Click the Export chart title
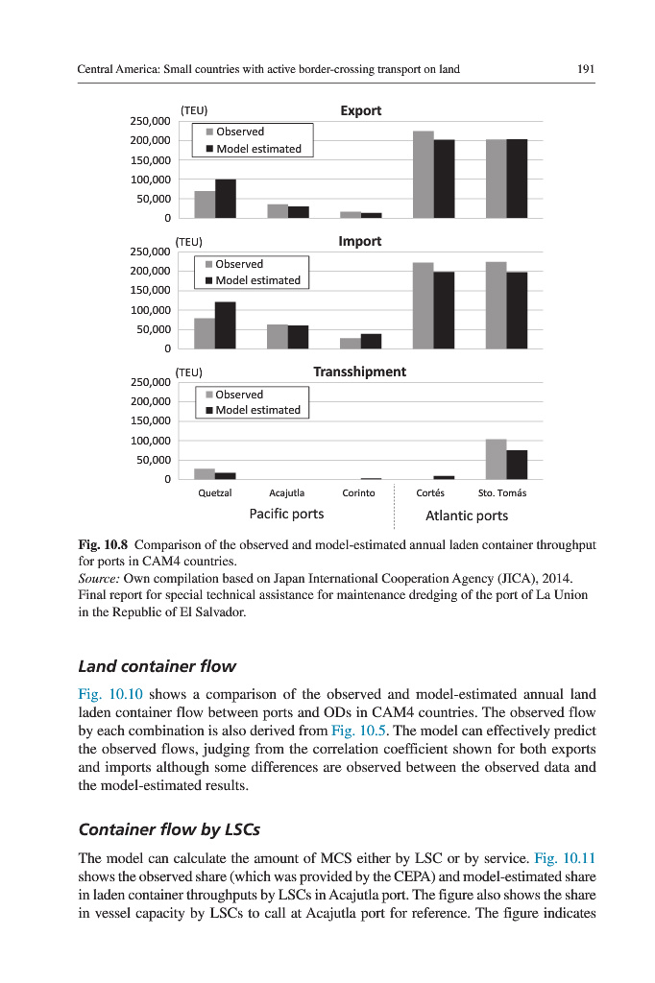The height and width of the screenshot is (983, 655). coord(361,110)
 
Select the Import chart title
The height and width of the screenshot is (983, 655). coord(360,241)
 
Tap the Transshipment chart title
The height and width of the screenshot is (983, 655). coord(359,372)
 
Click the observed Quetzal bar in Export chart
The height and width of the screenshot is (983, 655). coord(205,204)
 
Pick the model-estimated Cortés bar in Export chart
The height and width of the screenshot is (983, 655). coord(444,179)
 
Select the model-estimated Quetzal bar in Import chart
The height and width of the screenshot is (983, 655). coord(226,325)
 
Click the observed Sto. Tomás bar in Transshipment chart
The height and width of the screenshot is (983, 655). coord(496,459)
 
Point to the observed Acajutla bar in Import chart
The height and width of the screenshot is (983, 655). coord(277,336)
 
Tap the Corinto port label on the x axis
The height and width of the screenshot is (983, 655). coord(359,493)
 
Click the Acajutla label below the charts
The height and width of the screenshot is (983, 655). coord(287,493)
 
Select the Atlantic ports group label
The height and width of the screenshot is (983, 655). coord(467,515)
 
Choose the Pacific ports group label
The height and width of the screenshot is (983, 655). coord(286,515)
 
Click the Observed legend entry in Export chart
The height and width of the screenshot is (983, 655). coord(239,132)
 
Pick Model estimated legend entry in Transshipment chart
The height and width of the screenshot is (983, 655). coord(256,410)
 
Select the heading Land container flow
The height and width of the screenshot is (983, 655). coord(157,665)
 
